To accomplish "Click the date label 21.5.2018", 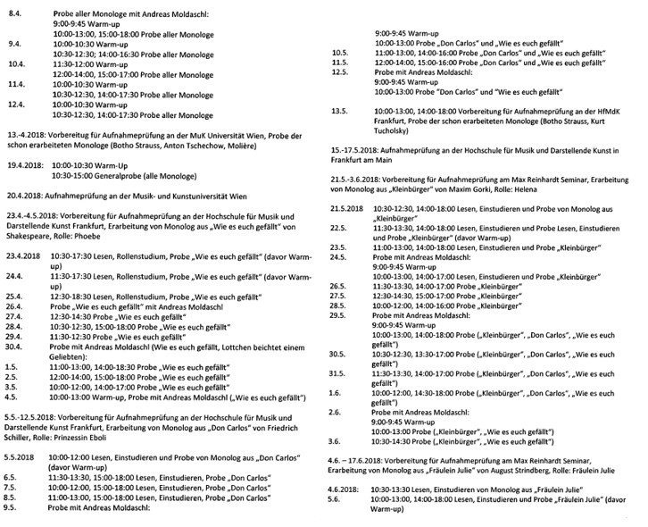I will [348, 208].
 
